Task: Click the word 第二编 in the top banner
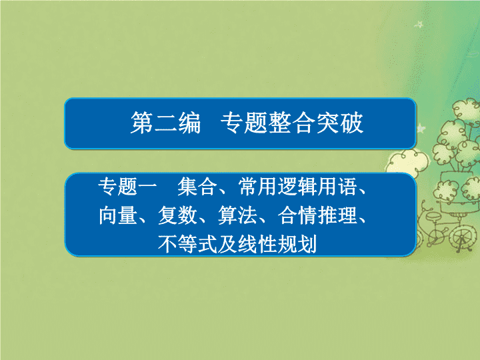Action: [x=165, y=123]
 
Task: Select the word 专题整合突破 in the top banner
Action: [x=292, y=123]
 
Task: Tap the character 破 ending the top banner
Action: [x=352, y=123]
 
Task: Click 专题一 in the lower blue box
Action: [x=127, y=187]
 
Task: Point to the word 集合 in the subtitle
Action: [x=197, y=187]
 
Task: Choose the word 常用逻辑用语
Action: [x=297, y=187]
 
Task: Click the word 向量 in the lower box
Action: [x=118, y=215]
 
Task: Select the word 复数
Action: [x=177, y=215]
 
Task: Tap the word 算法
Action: [x=237, y=215]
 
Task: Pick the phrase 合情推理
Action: [x=317, y=215]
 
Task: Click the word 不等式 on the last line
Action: [x=187, y=244]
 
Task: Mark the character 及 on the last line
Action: [x=227, y=244]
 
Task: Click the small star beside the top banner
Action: [x=421, y=128]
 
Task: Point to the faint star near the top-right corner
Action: [x=419, y=24]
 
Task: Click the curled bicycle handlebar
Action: [x=424, y=205]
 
